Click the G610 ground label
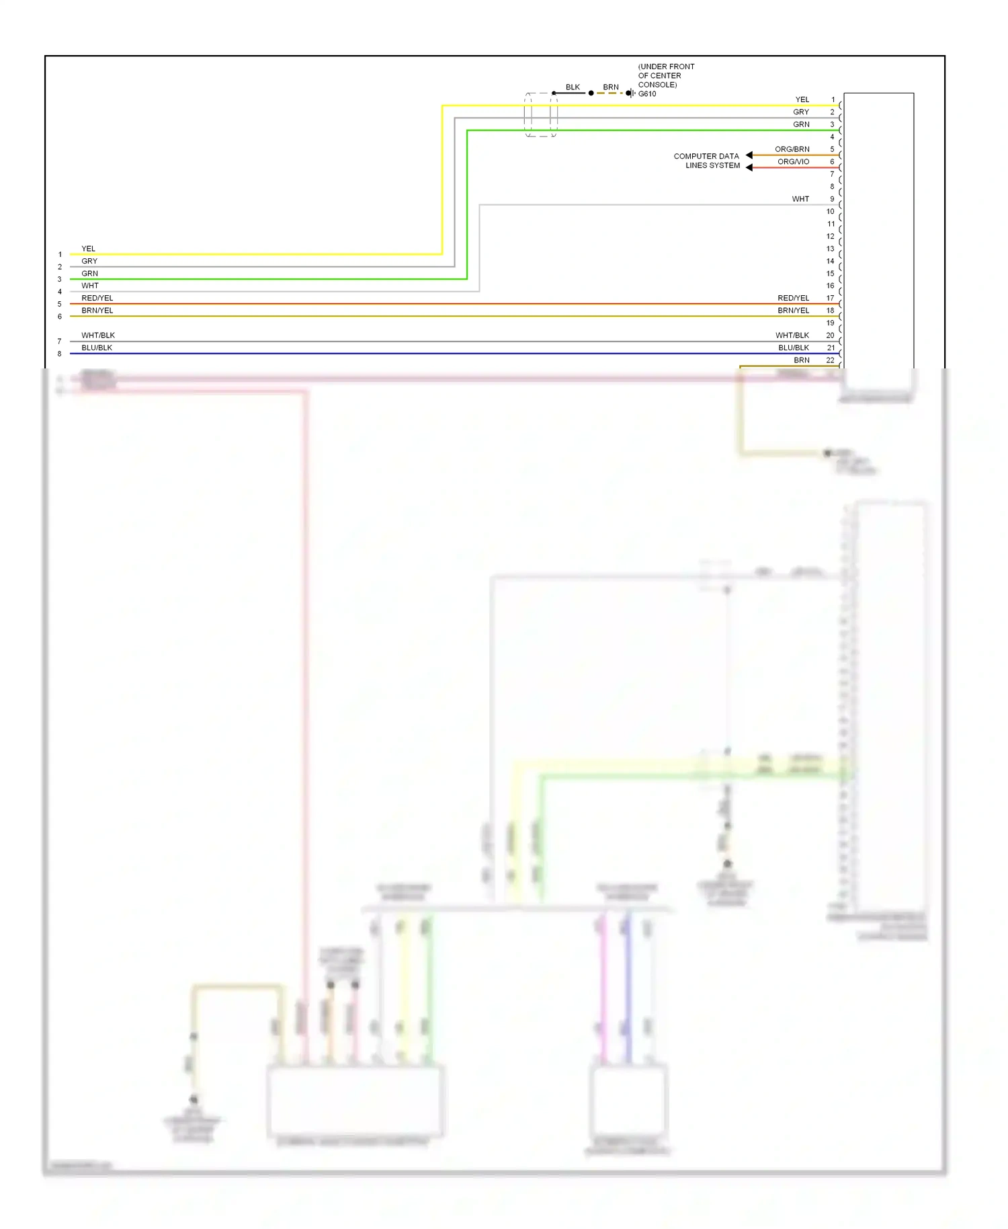[646, 94]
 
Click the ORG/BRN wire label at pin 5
[792, 149]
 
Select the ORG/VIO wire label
[793, 161]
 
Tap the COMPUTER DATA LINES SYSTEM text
[707, 161]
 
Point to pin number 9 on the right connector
[832, 199]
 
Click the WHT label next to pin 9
[800, 199]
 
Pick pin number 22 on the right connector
[830, 360]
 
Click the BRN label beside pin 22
[801, 360]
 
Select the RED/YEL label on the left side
[97, 298]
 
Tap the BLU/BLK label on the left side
[97, 348]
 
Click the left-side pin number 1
[60, 255]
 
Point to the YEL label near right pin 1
[802, 100]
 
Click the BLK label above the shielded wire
[573, 87]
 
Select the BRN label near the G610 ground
[610, 87]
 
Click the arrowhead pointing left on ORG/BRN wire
[749, 155]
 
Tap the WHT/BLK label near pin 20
[792, 335]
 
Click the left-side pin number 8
[60, 354]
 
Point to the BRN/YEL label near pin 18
[793, 311]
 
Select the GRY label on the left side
[89, 261]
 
